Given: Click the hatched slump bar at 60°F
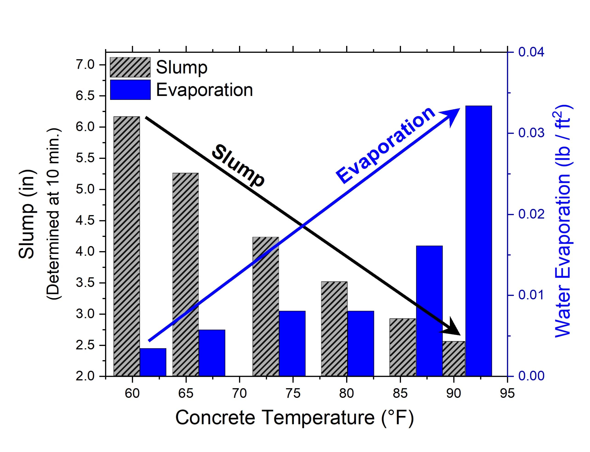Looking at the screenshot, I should pos(127,246).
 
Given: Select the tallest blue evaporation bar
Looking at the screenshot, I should pos(478,241).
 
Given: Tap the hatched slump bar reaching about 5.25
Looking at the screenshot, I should pos(185,274).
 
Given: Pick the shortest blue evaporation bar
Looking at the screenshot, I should pos(153,362).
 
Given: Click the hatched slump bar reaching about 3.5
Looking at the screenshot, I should pos(334,329).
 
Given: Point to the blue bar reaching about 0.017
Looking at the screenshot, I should pos(429,311).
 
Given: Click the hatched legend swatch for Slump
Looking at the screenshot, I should pos(130,67).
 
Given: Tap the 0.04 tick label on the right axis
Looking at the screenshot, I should pos(531,52).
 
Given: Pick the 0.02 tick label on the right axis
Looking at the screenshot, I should pos(531,214).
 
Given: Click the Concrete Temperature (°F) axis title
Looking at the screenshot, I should pos(295,418).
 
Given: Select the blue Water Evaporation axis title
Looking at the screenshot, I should pos(563,221).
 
